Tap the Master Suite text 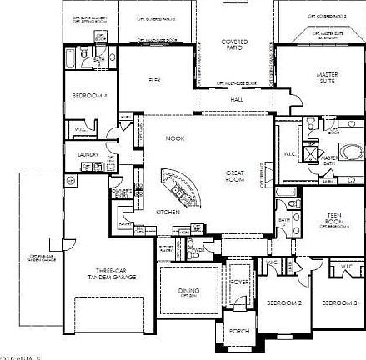(x=327, y=78)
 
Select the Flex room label (x=155, y=81)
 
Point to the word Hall (x=236, y=100)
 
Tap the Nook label (x=174, y=138)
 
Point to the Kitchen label (x=168, y=212)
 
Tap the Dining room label (x=189, y=291)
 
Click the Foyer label (x=240, y=282)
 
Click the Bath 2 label (x=283, y=222)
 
